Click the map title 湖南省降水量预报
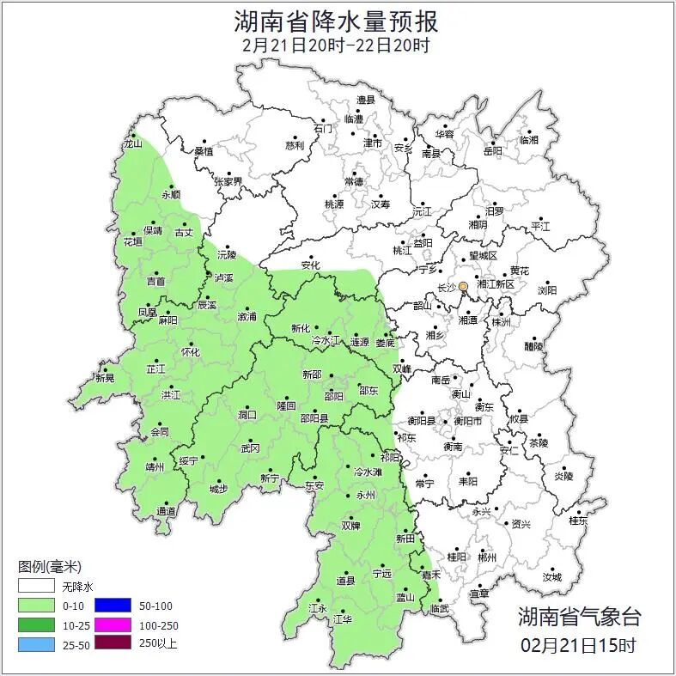(336, 21)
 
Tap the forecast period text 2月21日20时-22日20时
(336, 45)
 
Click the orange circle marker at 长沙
(464, 286)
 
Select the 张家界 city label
(228, 182)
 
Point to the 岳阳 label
(493, 151)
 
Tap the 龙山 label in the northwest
(132, 143)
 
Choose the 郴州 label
(487, 557)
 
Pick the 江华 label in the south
(343, 618)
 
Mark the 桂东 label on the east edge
(578, 520)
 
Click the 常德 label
(353, 182)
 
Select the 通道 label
(166, 512)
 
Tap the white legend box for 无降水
(35, 587)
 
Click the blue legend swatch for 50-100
(112, 606)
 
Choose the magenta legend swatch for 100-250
(112, 624)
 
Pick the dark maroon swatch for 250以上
(112, 643)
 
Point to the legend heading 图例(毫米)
(49, 567)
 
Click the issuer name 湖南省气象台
(579, 616)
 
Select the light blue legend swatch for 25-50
(35, 643)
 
